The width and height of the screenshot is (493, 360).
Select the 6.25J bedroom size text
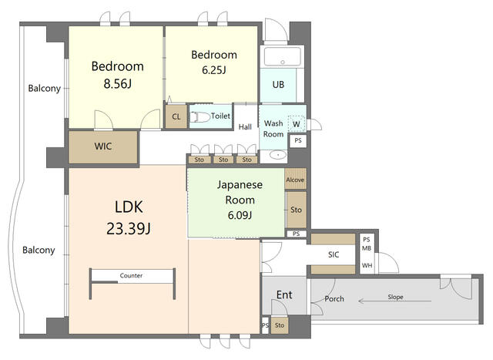[213, 70]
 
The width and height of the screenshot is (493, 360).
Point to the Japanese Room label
[240, 192]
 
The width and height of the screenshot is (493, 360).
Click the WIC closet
[104, 146]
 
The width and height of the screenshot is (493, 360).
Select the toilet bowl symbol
[200, 116]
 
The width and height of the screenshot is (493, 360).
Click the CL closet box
[176, 117]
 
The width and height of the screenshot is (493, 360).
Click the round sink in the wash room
[275, 155]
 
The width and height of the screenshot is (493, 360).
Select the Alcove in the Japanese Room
[295, 180]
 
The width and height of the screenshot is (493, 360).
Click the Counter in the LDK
[130, 275]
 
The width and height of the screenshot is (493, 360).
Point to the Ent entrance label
[283, 295]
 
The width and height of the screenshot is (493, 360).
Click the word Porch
[334, 299]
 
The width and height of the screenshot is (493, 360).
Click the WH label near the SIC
[366, 266]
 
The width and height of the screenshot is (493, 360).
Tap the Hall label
[245, 127]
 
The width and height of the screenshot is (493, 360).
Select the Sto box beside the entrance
[279, 326]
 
